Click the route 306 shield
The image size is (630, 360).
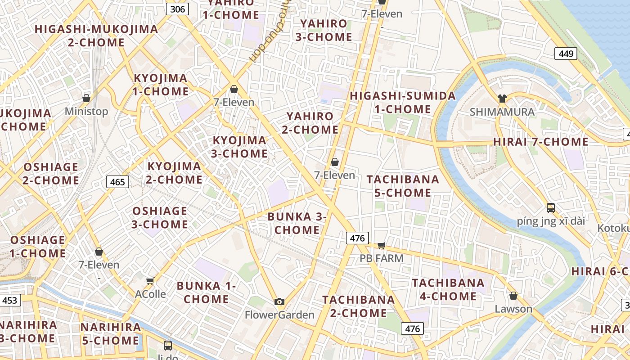[177, 9]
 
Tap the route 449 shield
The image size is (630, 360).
[566, 54]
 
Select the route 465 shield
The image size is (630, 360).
[117, 182]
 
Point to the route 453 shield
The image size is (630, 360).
[9, 300]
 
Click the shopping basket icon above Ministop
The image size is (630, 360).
[86, 98]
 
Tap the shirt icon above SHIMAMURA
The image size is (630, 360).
[502, 99]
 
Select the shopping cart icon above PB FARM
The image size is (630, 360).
[382, 245]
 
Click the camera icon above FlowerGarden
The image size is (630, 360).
[279, 301]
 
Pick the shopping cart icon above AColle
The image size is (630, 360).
[150, 281]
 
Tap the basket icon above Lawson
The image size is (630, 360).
[513, 296]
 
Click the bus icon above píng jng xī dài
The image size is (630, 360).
[551, 208]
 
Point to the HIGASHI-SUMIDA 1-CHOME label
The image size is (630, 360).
[403, 103]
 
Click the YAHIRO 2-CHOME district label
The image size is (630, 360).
[310, 123]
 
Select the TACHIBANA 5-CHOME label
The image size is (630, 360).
[403, 186]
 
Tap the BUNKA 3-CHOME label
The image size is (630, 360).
[297, 223]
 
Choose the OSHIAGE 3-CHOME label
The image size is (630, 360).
[160, 217]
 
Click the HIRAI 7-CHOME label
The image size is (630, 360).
[541, 142]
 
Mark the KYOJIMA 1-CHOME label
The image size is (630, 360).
[161, 85]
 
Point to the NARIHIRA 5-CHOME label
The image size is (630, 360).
[111, 333]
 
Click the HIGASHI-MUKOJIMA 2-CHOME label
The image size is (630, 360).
[96, 36]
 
